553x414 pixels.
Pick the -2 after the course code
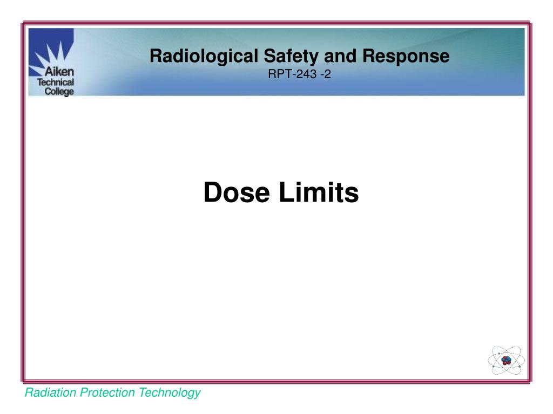tap(326, 74)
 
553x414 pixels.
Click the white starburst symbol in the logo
tap(51, 52)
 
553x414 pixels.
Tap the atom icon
tap(505, 360)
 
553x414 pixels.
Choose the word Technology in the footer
tap(170, 393)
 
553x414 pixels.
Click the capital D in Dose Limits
tap(212, 192)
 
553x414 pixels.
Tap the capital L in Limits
tap(286, 192)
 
